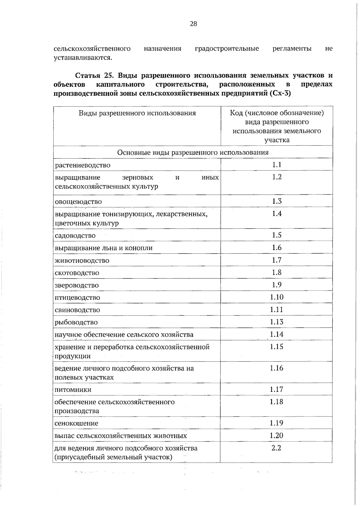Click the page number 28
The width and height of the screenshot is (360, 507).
193,24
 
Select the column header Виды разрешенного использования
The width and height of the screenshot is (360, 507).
137,113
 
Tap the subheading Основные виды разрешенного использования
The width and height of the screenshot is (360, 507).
193,152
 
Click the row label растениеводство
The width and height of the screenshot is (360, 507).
83,165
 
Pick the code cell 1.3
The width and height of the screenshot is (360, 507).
277,201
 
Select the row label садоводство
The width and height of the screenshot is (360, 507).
75,236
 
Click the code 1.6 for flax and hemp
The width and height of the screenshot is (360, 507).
277,247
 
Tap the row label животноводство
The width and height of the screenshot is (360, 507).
82,261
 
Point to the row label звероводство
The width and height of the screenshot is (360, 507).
76,285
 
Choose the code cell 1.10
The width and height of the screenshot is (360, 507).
277,297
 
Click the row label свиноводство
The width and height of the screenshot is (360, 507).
77,310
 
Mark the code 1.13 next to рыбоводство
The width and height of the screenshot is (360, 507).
277,322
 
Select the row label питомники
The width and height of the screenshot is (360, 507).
73,390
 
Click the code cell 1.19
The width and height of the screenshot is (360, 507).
276,423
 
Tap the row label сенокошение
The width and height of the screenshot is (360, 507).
76,423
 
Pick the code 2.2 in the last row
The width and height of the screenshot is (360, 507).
276,448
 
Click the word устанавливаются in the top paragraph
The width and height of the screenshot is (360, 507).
83,58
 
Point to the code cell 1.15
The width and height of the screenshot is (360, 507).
277,347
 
